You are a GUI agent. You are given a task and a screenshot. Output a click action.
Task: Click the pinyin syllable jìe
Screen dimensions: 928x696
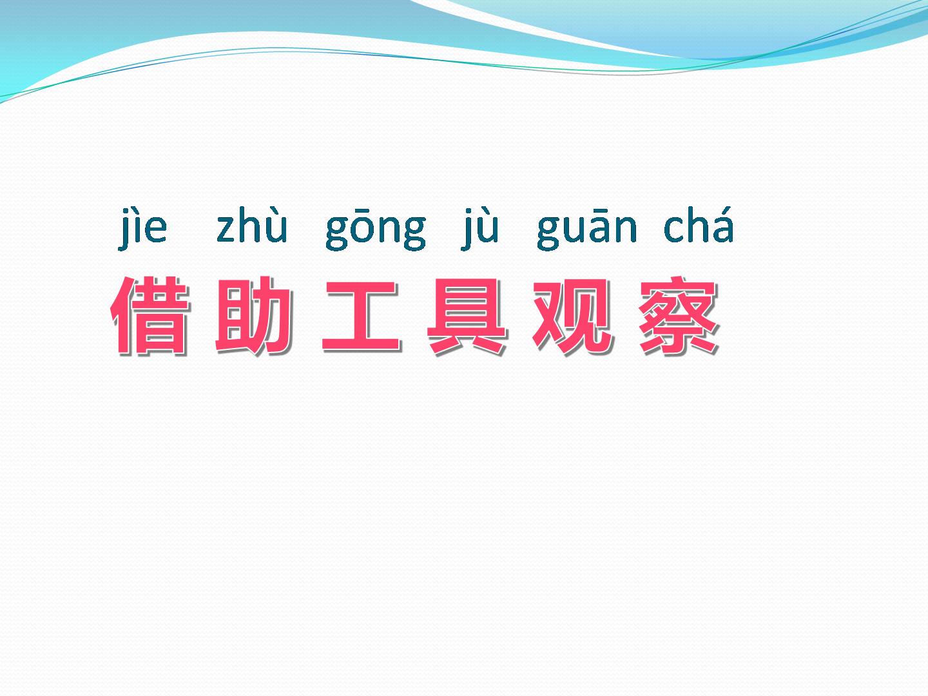[x=142, y=229]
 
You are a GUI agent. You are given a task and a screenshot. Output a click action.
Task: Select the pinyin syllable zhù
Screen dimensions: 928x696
[x=252, y=226]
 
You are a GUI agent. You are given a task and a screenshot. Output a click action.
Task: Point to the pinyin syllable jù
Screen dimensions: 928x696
[x=480, y=229]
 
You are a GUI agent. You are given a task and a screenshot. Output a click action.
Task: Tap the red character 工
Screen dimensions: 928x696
[x=361, y=316]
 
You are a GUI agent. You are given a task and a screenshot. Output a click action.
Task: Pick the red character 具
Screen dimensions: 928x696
[x=467, y=316]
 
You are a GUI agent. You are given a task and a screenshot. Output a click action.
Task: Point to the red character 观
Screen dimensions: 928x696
[x=572, y=316]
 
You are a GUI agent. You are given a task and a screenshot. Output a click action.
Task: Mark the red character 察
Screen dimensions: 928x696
[x=678, y=315]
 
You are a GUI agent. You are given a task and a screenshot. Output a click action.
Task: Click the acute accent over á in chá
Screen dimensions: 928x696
[x=724, y=211]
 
